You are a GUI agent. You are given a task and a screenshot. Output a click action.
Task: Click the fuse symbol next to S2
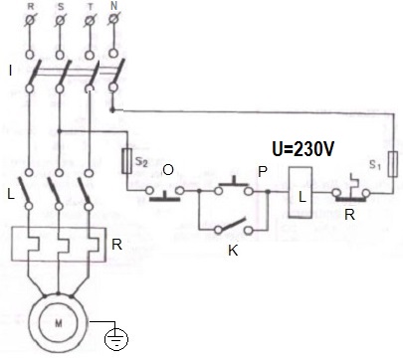coord(126,158)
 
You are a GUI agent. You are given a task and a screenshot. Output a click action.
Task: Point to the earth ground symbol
coord(115,340)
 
